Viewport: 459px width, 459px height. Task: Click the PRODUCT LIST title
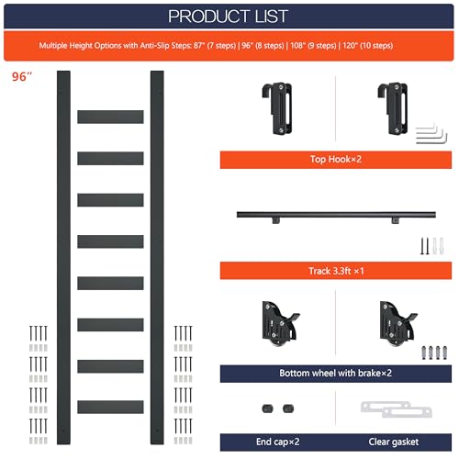(x=229, y=16)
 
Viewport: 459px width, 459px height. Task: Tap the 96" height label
(x=23, y=78)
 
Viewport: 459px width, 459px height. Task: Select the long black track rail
(x=321, y=215)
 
